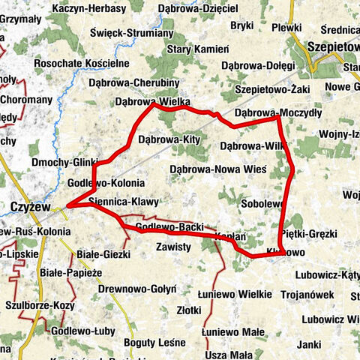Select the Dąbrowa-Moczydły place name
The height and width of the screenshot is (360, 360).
tap(277, 112)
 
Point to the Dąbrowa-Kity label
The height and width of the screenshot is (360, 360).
tap(169, 139)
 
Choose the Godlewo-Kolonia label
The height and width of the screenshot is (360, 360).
tap(106, 183)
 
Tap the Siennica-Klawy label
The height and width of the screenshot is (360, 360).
tap(123, 202)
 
